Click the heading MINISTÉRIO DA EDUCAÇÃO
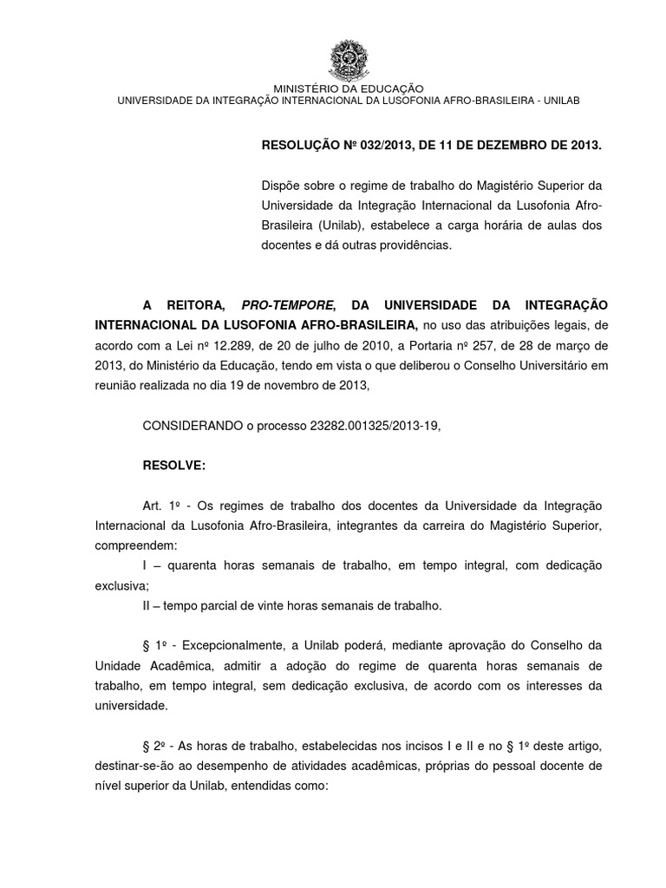tap(349, 88)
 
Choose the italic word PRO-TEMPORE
tap(288, 306)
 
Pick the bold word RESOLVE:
tap(173, 465)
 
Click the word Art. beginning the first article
tap(153, 505)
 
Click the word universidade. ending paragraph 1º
tap(132, 706)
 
